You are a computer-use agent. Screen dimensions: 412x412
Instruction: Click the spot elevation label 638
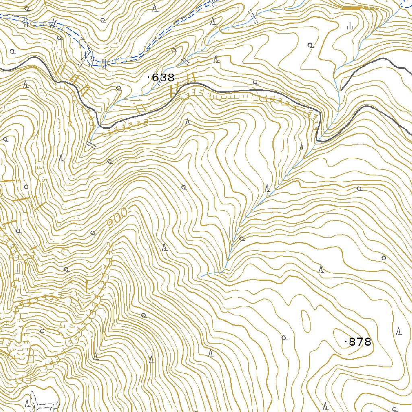tap(163, 78)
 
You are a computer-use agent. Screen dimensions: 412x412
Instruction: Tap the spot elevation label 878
tap(360, 342)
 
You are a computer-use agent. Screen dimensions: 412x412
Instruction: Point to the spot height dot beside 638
tap(150, 77)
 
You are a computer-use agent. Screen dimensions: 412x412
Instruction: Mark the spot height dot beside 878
tap(346, 342)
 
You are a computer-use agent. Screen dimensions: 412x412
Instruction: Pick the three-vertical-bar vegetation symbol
tap(350, 26)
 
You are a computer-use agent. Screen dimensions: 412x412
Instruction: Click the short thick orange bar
tap(353, 8)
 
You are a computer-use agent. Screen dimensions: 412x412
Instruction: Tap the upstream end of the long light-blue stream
tap(203, 276)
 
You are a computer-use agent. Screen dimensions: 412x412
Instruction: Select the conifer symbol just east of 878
tap(399, 332)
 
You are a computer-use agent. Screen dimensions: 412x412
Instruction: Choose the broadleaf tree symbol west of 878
tap(284, 338)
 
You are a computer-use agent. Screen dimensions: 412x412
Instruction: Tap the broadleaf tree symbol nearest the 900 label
tap(93, 233)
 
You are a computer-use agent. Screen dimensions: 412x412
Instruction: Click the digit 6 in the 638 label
tap(155, 78)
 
